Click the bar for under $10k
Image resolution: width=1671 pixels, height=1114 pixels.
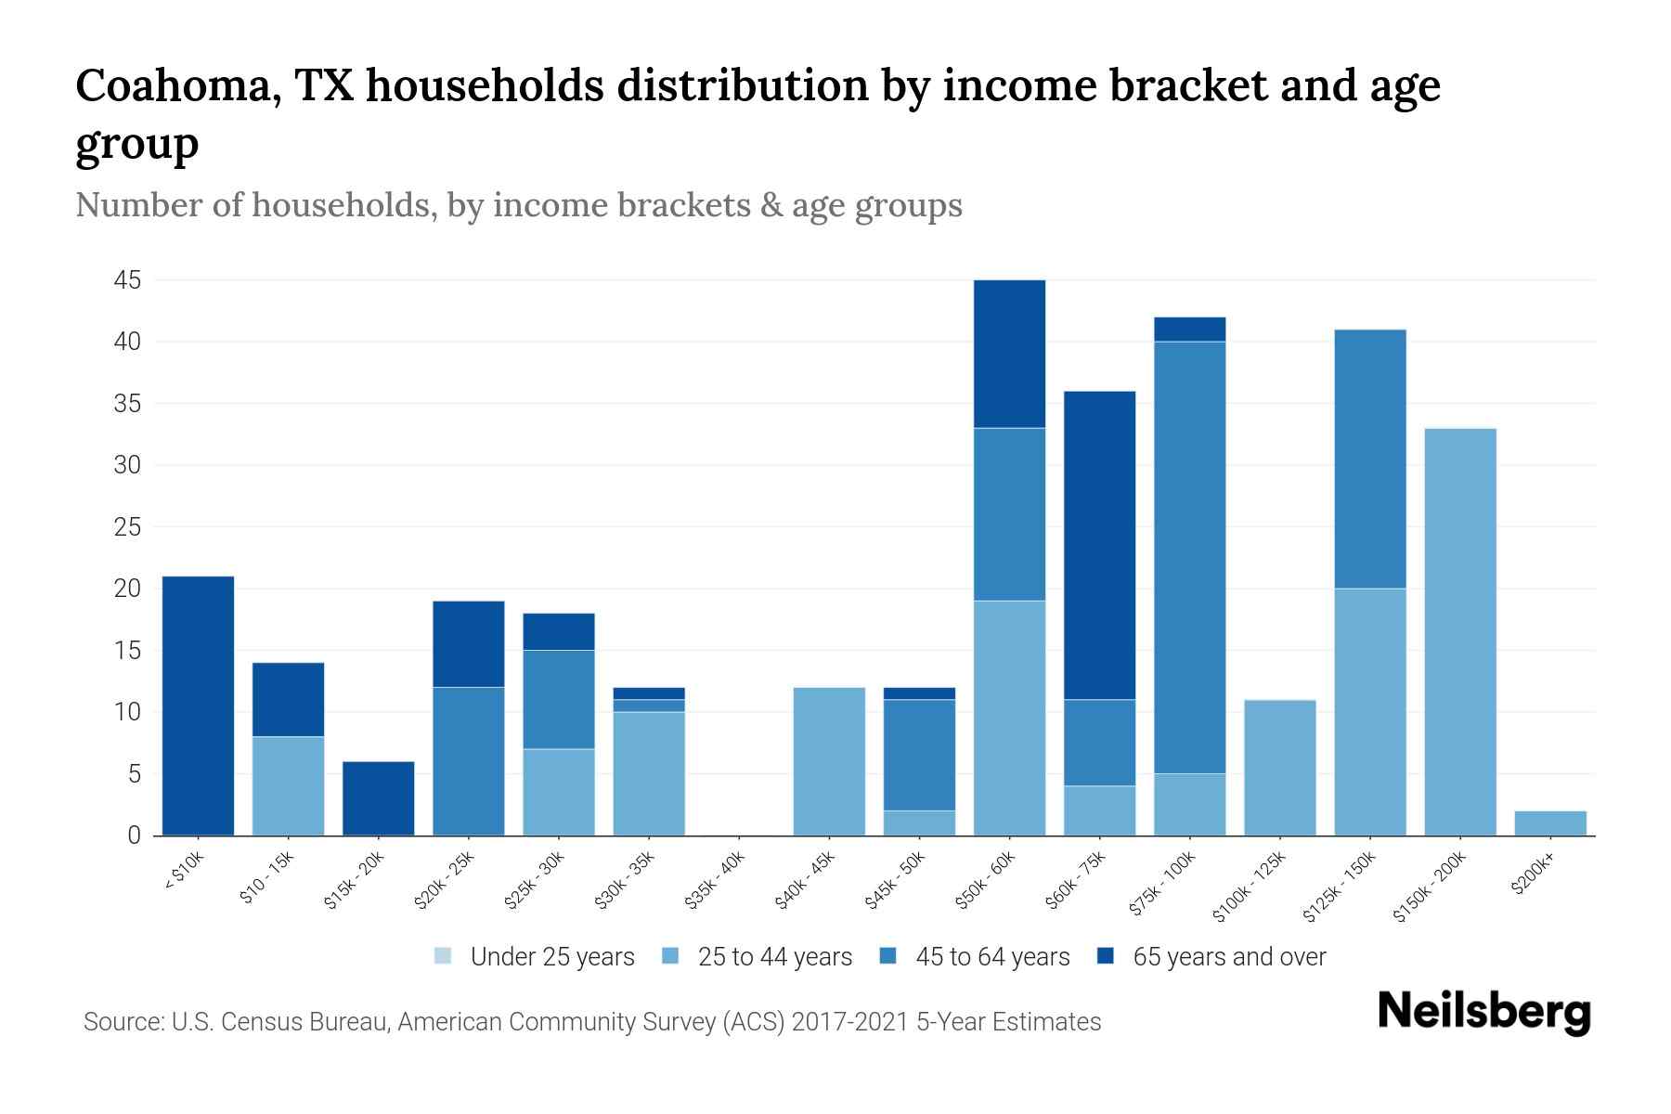198,706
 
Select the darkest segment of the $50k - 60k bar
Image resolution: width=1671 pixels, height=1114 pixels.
1009,354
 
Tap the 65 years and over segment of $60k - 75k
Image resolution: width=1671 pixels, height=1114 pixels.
1099,545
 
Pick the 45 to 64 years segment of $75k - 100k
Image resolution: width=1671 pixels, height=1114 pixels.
1189,557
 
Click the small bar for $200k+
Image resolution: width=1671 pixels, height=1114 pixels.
1550,823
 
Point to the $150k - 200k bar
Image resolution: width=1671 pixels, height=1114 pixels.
1460,631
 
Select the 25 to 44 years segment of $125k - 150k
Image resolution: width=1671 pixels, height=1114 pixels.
1369,712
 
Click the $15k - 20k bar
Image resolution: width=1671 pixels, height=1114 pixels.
378,798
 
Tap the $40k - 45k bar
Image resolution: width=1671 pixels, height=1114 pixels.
829,761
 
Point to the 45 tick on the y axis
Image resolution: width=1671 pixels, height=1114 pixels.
127,280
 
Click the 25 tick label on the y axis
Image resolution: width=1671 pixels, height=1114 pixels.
127,527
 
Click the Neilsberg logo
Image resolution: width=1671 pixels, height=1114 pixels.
1483,1012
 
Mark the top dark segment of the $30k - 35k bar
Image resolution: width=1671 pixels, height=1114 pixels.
649,693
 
